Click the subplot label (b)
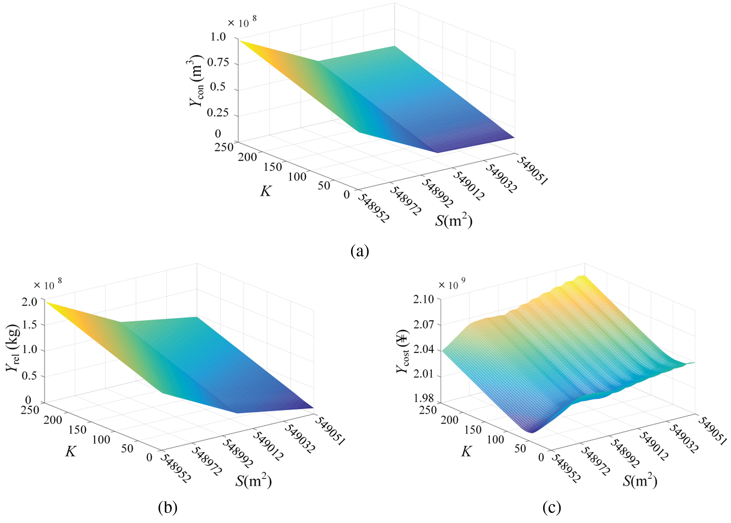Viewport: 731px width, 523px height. [167, 508]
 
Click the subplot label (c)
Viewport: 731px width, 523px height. [552, 508]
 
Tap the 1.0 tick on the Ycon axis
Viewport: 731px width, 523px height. [218, 37]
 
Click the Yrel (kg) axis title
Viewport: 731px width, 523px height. [13, 348]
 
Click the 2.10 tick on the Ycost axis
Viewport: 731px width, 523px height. [423, 299]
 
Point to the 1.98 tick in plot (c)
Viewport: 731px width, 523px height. [423, 398]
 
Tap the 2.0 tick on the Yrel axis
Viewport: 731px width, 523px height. [29, 301]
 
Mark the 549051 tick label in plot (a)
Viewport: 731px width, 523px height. [531, 170]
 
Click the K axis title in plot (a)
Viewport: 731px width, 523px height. [266, 191]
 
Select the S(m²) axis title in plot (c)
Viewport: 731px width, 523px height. [640, 481]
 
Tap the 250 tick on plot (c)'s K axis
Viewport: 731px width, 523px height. [428, 409]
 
